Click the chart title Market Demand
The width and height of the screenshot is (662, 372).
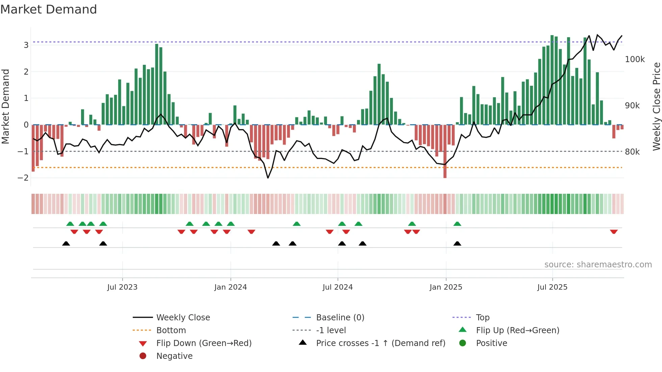pyautogui.click(x=49, y=9)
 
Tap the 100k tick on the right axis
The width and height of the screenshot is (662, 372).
pyautogui.click(x=635, y=59)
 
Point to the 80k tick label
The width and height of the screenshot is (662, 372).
pyautogui.click(x=632, y=152)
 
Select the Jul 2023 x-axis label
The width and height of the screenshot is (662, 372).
pyautogui.click(x=122, y=287)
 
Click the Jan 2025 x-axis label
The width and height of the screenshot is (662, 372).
pyautogui.click(x=446, y=287)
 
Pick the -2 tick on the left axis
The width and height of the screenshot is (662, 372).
pyautogui.click(x=23, y=178)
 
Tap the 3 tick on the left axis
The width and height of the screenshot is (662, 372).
pyautogui.click(x=26, y=45)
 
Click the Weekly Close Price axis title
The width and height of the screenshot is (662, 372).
pyautogui.click(x=656, y=106)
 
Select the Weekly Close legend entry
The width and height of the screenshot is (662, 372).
pyautogui.click(x=183, y=318)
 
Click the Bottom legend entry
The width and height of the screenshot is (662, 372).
pyautogui.click(x=171, y=330)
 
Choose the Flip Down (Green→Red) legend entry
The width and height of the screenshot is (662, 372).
pyautogui.click(x=204, y=343)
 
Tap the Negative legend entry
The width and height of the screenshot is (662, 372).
pyautogui.click(x=174, y=356)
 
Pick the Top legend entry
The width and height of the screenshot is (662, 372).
pyautogui.click(x=483, y=318)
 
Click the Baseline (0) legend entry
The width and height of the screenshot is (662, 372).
pyautogui.click(x=340, y=318)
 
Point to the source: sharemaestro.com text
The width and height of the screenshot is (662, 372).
pyautogui.click(x=598, y=265)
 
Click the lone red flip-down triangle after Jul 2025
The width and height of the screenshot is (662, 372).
pyautogui.click(x=614, y=232)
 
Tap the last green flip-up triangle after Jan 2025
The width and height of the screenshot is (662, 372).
pyautogui.click(x=457, y=224)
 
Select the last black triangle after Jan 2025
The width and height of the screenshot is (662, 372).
pyautogui.click(x=457, y=243)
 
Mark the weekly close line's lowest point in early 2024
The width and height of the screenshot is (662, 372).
pyautogui.click(x=268, y=178)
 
